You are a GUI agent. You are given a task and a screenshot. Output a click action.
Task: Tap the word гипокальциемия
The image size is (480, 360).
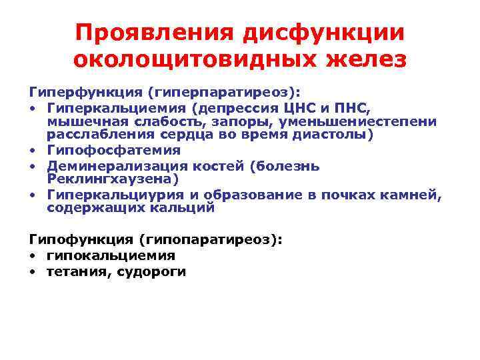(111, 255)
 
